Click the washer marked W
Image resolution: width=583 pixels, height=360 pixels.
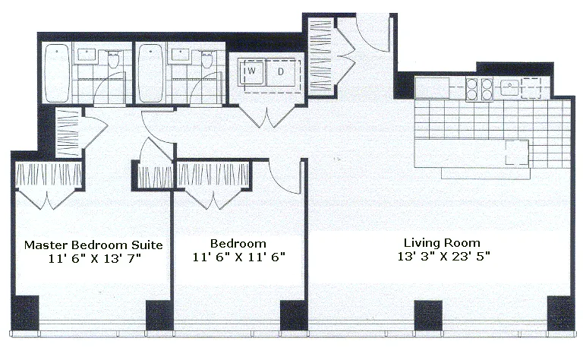[x=251, y=73]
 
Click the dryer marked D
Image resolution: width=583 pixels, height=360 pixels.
[x=281, y=73]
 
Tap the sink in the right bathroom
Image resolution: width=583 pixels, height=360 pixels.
[x=181, y=55]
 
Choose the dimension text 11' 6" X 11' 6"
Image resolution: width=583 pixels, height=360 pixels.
[x=238, y=257]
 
